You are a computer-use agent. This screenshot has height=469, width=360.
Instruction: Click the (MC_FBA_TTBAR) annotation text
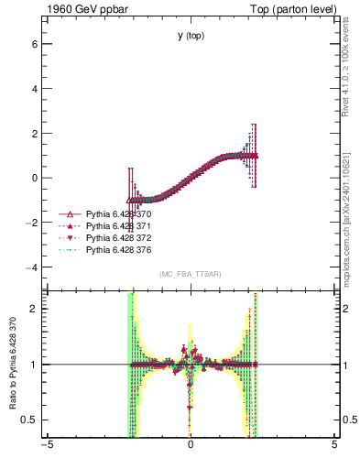click(191, 274)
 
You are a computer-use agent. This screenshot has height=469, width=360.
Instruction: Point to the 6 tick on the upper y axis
click(33, 44)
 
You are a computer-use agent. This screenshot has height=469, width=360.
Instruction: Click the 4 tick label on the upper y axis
click(33, 89)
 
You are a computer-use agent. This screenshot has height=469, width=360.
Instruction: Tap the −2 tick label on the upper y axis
click(30, 223)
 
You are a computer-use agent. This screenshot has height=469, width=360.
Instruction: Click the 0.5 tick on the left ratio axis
click(29, 420)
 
